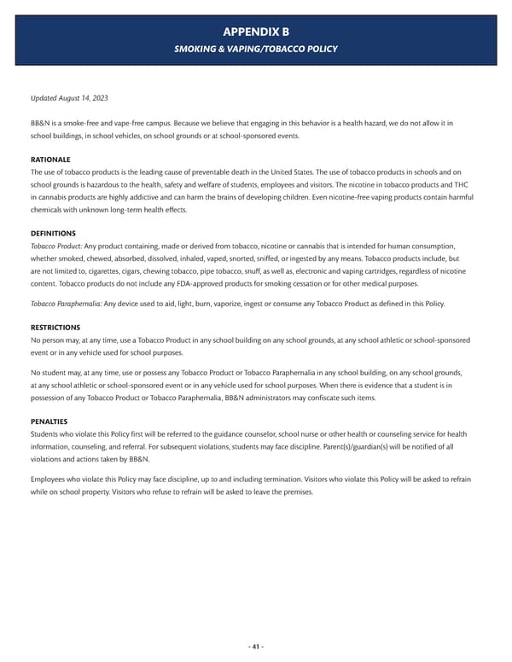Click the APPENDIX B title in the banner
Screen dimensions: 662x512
click(x=256, y=32)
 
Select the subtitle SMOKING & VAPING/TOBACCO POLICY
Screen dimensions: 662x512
click(x=256, y=49)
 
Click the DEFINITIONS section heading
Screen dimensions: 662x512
click(x=53, y=233)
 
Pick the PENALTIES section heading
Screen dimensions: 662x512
click(x=49, y=421)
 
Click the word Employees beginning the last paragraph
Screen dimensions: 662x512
click(x=49, y=479)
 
